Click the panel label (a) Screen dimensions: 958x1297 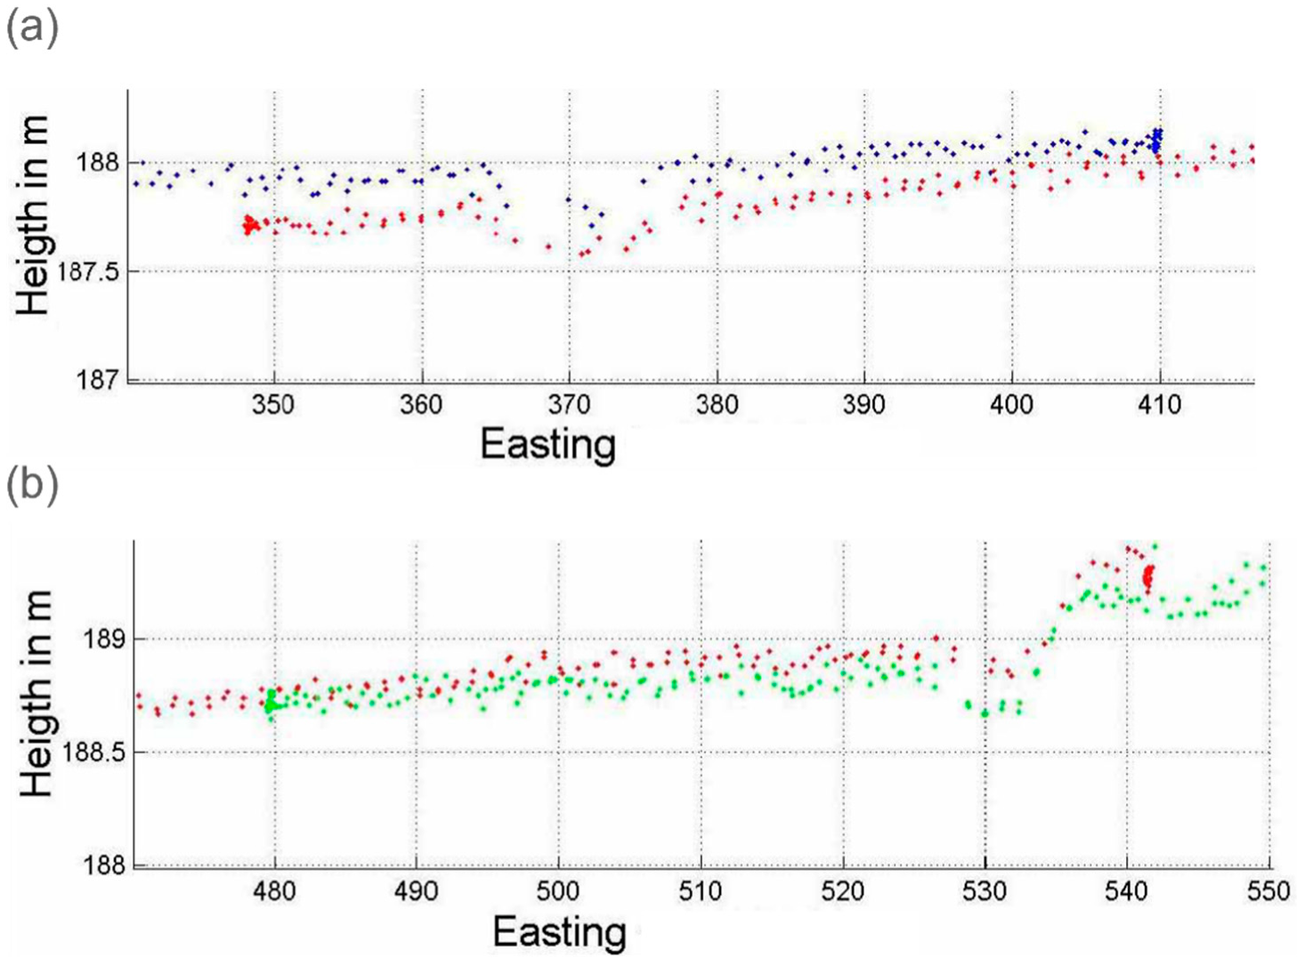pyautogui.click(x=32, y=28)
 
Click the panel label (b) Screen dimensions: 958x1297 pyautogui.click(x=32, y=486)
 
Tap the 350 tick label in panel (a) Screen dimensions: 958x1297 pyautogui.click(x=273, y=405)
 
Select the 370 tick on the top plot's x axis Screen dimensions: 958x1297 pyautogui.click(x=569, y=405)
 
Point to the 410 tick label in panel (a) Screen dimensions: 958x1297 pyautogui.click(x=1159, y=405)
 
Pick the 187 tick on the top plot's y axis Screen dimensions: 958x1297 pyautogui.click(x=98, y=380)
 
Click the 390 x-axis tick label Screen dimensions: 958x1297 pyautogui.click(x=863, y=405)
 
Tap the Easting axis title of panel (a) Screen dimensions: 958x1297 pyautogui.click(x=547, y=444)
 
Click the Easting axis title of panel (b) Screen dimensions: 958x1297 pyautogui.click(x=559, y=931)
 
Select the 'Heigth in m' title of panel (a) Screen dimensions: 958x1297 pyautogui.click(x=34, y=216)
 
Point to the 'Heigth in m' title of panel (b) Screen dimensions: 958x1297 pyautogui.click(x=36, y=695)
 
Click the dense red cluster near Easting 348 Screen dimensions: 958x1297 pyautogui.click(x=250, y=225)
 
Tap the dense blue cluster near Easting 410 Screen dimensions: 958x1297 pyautogui.click(x=1156, y=140)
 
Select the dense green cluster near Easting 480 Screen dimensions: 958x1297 pyautogui.click(x=271, y=702)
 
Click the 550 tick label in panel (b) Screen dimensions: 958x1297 pyautogui.click(x=1269, y=891)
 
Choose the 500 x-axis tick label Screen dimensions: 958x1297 pyautogui.click(x=558, y=891)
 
